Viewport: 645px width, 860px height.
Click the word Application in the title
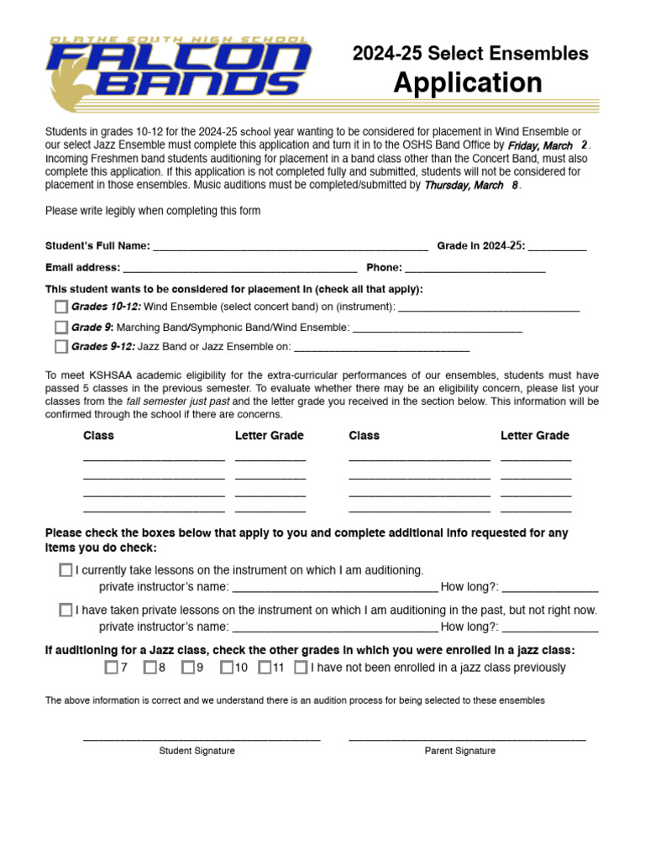[468, 83]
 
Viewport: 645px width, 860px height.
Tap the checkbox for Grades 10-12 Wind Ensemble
[61, 307]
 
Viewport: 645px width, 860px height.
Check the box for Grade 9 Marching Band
[61, 328]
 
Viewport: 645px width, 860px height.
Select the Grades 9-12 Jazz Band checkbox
[61, 347]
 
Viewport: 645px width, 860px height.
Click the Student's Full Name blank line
[291, 247]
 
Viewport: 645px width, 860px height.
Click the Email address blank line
[240, 269]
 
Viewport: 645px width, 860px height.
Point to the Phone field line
[475, 269]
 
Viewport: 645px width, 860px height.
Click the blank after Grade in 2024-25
[558, 247]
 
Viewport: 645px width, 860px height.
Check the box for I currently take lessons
[66, 570]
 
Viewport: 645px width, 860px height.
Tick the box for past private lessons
[66, 611]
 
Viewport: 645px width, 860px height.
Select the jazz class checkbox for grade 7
[111, 669]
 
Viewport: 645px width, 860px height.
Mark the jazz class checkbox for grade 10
[226, 669]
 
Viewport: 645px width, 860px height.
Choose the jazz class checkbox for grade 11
[264, 669]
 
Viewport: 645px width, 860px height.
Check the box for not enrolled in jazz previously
[301, 669]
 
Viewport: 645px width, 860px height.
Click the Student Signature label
[197, 751]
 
